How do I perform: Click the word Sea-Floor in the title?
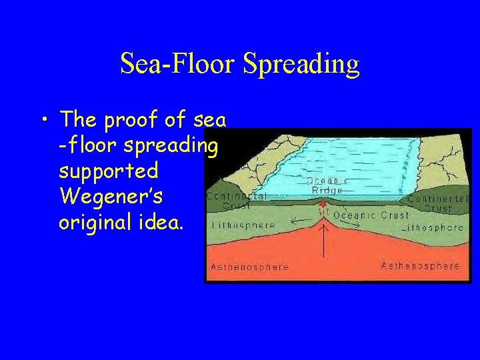coord(178,64)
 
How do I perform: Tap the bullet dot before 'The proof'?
coord(44,121)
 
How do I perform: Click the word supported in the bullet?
coord(109,171)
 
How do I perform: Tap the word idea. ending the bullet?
coord(161,221)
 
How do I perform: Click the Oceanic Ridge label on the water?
coord(327,185)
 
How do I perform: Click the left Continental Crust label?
coord(237,201)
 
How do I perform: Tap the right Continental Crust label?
coord(436,203)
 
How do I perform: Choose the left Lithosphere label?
coord(243,225)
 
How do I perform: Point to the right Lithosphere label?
coord(433,227)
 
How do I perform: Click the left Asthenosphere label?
coord(249,267)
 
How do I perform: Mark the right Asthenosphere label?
coord(420,266)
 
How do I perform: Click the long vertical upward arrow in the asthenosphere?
coord(324,241)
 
